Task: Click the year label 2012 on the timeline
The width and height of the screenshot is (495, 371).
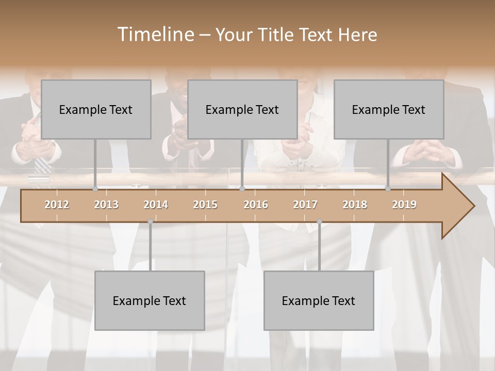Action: [x=57, y=205]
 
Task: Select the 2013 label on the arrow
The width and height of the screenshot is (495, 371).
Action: [x=106, y=205]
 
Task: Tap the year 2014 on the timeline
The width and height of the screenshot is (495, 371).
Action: [x=156, y=205]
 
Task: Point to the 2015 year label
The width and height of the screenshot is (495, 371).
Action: [x=205, y=205]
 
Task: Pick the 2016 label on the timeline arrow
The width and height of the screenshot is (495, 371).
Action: [x=256, y=205]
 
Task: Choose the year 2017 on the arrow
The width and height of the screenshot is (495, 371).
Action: [x=305, y=205]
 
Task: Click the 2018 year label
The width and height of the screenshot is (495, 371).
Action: [x=355, y=205]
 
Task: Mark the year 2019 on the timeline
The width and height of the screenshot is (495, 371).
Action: [x=404, y=205]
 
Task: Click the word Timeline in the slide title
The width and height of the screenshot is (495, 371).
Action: [x=155, y=35]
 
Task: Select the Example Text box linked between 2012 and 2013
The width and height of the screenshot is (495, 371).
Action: [x=96, y=109]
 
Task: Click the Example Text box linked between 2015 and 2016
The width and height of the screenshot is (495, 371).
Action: [x=242, y=109]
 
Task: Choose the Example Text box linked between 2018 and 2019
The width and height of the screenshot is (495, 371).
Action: [x=389, y=109]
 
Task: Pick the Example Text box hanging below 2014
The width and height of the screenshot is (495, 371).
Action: [x=150, y=300]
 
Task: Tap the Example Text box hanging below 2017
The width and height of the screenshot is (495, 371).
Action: [x=319, y=300]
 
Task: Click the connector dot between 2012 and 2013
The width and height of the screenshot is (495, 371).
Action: [x=95, y=189]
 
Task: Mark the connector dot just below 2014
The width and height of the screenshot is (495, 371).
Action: [x=150, y=222]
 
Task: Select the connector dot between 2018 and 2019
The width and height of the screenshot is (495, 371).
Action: [x=388, y=189]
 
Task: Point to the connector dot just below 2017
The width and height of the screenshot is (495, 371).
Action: [x=319, y=222]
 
